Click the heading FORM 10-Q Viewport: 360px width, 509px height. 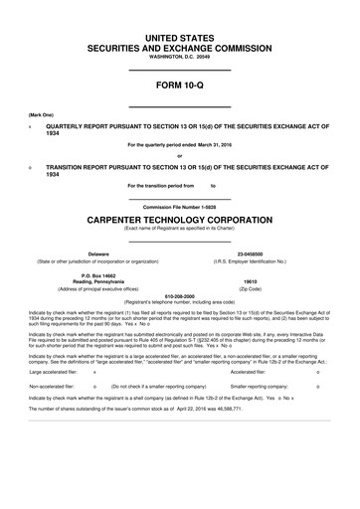[x=180, y=86]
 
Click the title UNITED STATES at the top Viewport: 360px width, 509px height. [x=180, y=37]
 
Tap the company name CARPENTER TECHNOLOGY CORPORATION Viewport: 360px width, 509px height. [x=180, y=218]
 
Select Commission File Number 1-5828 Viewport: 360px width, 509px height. [x=180, y=206]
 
